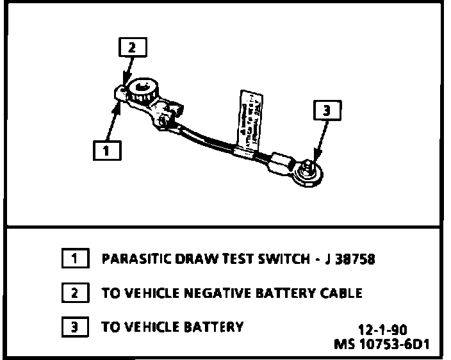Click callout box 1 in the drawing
105,151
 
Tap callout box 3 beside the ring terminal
326,111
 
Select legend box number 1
75,259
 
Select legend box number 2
75,293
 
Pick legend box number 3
75,327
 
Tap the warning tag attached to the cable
252,119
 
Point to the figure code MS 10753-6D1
382,344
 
